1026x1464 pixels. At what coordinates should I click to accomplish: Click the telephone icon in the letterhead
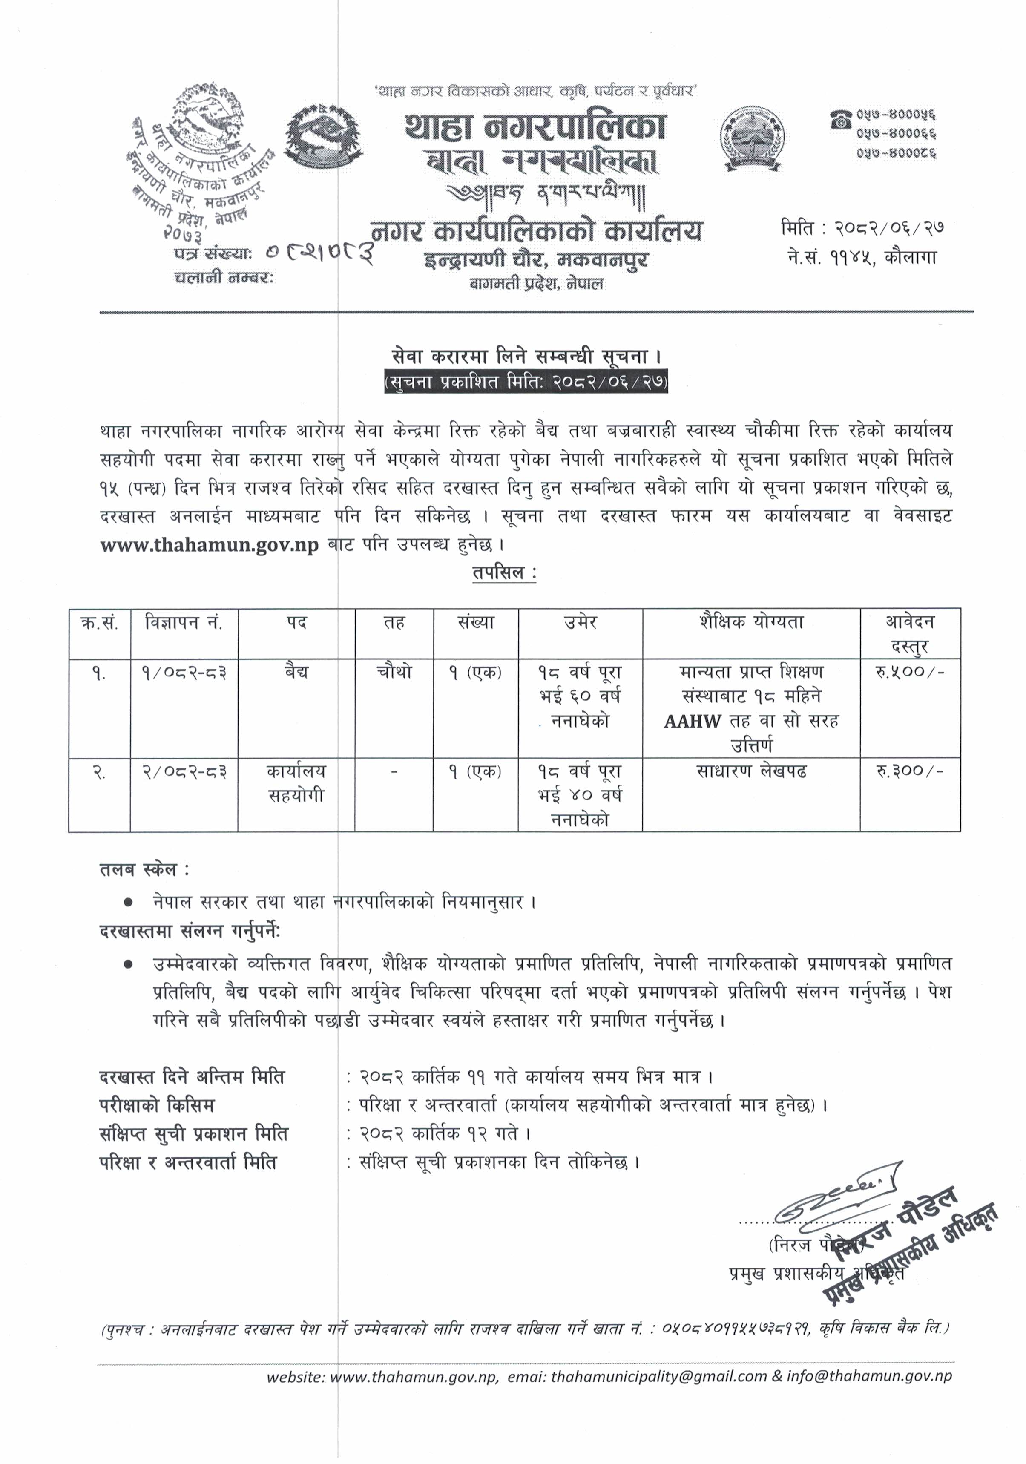840,118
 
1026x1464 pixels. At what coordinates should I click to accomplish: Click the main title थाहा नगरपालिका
535,126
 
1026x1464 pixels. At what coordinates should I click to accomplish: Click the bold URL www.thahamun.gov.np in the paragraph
209,546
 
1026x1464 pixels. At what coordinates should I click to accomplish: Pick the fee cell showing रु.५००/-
909,673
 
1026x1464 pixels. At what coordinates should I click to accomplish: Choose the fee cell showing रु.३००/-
909,771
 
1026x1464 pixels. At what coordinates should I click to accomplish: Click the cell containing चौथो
394,673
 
